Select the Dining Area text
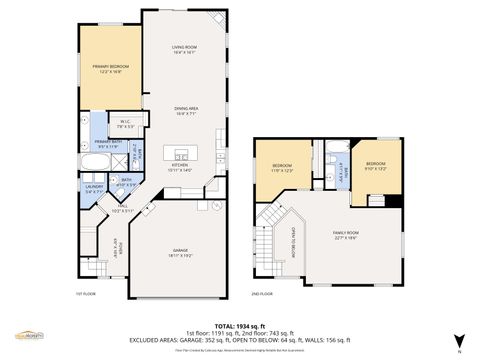pyautogui.click(x=184, y=109)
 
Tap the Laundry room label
pyautogui.click(x=94, y=188)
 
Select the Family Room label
pyautogui.click(x=346, y=234)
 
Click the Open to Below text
pyautogui.click(x=291, y=240)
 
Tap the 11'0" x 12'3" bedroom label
pyautogui.click(x=282, y=167)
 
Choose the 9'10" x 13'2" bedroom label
pyautogui.click(x=375, y=165)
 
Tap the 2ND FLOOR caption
pyautogui.click(x=263, y=294)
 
